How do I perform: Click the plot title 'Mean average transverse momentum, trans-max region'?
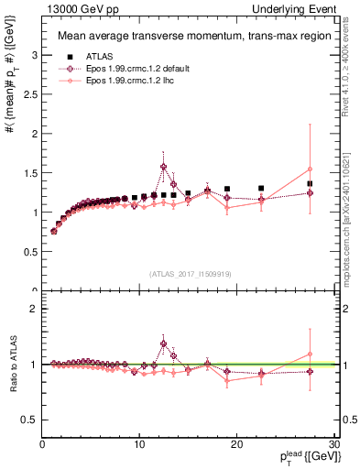[x=187, y=37]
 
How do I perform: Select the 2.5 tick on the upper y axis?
[x=31, y=94]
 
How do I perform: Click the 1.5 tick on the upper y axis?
[x=31, y=173]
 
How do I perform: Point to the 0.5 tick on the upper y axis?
[x=31, y=252]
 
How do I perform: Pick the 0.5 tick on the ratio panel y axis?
[x=31, y=420]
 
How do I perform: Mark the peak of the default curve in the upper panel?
[x=164, y=167]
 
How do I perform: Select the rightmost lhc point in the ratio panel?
[x=310, y=354]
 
